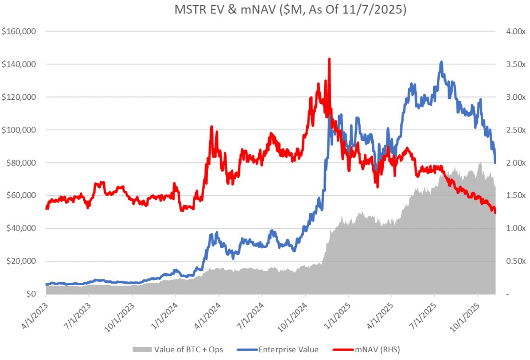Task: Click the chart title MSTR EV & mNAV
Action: click(290, 10)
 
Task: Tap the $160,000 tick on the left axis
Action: click(19, 31)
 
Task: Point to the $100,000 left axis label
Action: click(19, 130)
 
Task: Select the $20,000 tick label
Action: click(20, 261)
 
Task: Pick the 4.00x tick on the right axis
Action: click(513, 31)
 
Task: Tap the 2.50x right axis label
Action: click(513, 130)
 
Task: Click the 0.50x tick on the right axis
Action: click(513, 261)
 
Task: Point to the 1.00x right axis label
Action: click(513, 228)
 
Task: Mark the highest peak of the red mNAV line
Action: click(329, 59)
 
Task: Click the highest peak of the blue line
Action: click(442, 62)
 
